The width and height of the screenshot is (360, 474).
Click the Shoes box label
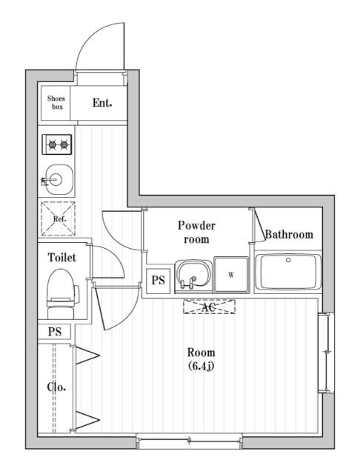[x=56, y=102]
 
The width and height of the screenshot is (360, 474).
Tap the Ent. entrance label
[x=102, y=103]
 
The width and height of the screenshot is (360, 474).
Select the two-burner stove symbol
[x=57, y=144]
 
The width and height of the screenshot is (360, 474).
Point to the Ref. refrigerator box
[x=59, y=219]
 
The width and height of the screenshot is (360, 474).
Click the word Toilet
[x=61, y=258]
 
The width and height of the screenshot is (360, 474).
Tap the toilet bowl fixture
[x=60, y=291]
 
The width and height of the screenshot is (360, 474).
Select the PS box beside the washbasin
[x=158, y=279]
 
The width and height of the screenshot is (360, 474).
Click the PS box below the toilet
[x=55, y=331]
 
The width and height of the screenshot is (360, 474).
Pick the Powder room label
[x=196, y=233]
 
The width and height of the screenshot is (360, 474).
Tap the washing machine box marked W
[x=231, y=275]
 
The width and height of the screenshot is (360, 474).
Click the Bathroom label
[x=289, y=235]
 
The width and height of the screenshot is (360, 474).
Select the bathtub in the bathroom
[x=287, y=273]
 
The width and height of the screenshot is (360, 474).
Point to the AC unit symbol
[x=209, y=306]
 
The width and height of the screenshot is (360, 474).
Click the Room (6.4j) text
[x=201, y=358]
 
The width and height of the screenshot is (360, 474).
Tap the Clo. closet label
[x=57, y=387]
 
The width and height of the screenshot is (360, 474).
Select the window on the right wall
[x=324, y=353]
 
